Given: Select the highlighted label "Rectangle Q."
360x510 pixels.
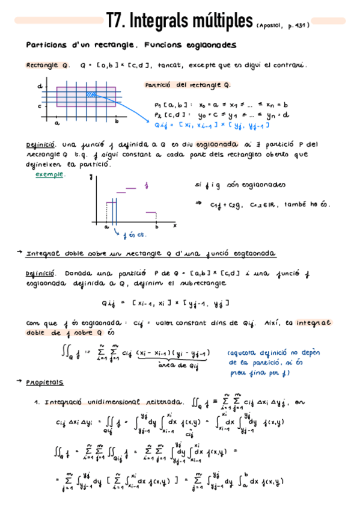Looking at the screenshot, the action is (48, 66).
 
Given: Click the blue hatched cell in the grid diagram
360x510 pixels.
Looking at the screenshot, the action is (92, 94).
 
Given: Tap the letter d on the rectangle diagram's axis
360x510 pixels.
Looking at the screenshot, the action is (40, 86).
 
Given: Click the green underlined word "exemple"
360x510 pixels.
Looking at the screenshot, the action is (50, 174).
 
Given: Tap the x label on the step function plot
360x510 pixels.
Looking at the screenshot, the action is (174, 225).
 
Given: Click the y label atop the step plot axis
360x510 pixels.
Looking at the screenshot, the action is (90, 176).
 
